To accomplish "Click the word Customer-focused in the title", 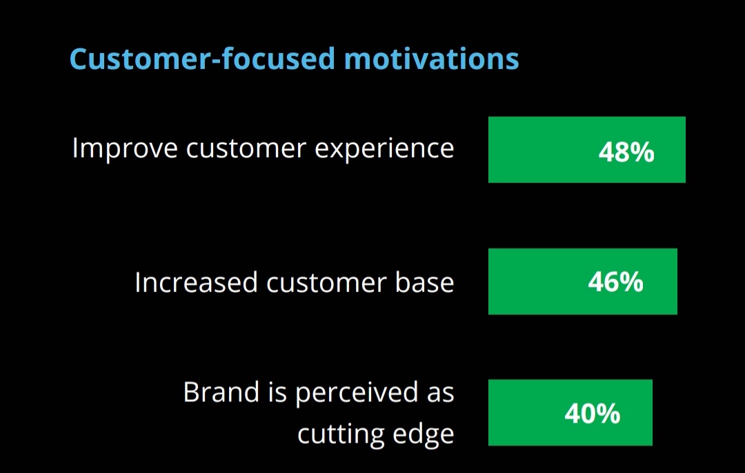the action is (x=202, y=59).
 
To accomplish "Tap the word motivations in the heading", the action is (x=431, y=59).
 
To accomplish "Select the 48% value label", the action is (x=626, y=152).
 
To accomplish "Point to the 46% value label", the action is (x=616, y=282).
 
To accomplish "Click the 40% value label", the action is (x=593, y=413).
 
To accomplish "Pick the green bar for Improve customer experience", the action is (x=587, y=150).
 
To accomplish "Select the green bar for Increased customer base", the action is (x=582, y=282).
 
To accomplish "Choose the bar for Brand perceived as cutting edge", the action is (x=570, y=413).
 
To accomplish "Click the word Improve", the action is (x=125, y=148).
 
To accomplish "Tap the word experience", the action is (x=384, y=148).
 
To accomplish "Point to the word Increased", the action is (x=196, y=282).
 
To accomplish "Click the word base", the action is (x=425, y=282).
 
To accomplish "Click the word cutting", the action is (x=336, y=434).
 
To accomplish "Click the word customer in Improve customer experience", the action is (x=246, y=148).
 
